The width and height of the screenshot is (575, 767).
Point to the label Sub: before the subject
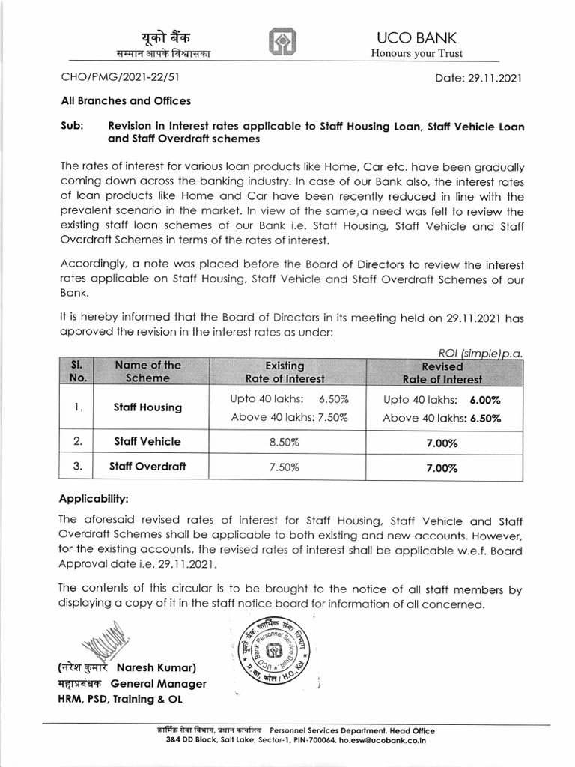[71, 127]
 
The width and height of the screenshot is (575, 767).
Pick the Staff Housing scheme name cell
[147, 407]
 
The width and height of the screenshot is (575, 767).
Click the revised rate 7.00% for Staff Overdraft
[442, 467]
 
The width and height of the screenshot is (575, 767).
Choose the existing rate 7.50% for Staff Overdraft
[285, 467]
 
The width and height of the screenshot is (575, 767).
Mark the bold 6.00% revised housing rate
[485, 400]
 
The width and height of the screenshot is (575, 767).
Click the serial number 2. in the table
[77, 442]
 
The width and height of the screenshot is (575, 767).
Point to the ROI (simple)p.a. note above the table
[481, 352]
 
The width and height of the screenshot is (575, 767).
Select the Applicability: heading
[94, 497]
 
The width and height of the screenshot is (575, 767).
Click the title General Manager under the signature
[158, 684]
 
